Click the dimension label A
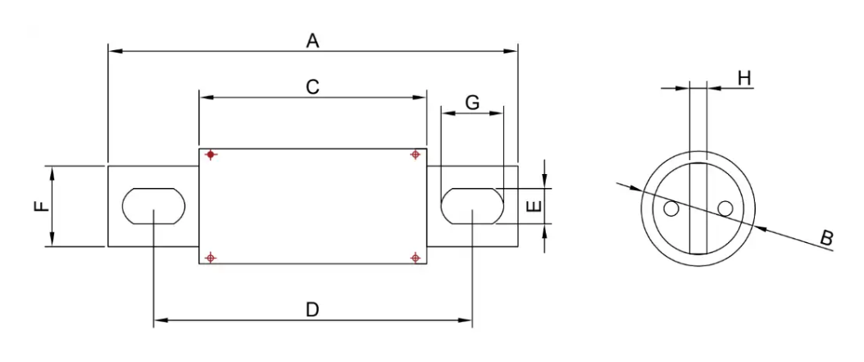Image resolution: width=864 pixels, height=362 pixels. pyautogui.click(x=312, y=39)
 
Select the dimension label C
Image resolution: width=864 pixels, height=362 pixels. pyautogui.click(x=312, y=86)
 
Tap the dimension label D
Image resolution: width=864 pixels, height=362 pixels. pyautogui.click(x=312, y=309)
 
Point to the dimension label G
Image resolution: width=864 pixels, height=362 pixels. pyautogui.click(x=472, y=103)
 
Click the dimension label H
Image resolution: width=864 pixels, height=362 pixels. pyautogui.click(x=744, y=78)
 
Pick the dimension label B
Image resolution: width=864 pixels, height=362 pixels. pyautogui.click(x=826, y=238)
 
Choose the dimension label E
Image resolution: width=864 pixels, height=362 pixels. pyautogui.click(x=533, y=205)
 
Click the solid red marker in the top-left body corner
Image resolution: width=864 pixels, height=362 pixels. pyautogui.click(x=211, y=154)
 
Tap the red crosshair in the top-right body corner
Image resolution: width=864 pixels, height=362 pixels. pyautogui.click(x=416, y=154)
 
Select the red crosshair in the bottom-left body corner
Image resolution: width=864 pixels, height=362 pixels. pyautogui.click(x=211, y=258)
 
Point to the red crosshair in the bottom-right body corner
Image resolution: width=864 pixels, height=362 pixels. pyautogui.click(x=416, y=258)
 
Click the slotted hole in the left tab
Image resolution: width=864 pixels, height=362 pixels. pyautogui.click(x=154, y=205)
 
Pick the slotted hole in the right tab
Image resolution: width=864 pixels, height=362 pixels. pyautogui.click(x=472, y=205)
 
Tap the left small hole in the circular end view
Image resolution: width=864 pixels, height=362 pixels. pyautogui.click(x=671, y=209)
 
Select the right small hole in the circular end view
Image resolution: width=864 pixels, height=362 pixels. pyautogui.click(x=724, y=209)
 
